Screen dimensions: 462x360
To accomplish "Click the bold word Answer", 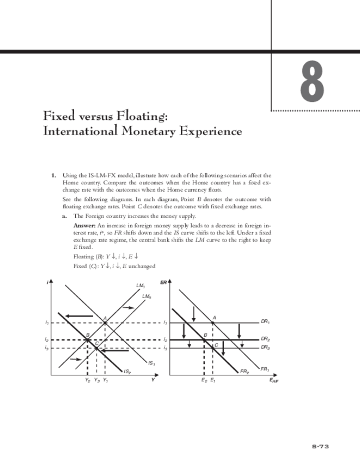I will (84, 225).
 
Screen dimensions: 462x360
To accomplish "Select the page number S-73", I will (321, 446).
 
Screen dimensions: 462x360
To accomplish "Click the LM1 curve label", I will (140, 285).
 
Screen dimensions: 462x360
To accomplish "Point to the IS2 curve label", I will (126, 372).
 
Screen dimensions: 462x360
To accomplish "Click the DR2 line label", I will (266, 338).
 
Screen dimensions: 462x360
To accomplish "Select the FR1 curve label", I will (265, 369).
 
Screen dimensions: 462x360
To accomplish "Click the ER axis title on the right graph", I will (164, 282).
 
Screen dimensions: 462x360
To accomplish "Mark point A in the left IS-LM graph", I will (105, 318).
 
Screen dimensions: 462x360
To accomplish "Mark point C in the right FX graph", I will (216, 345).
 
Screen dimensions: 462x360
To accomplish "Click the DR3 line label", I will (266, 346).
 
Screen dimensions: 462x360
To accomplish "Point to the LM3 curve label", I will (146, 296).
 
